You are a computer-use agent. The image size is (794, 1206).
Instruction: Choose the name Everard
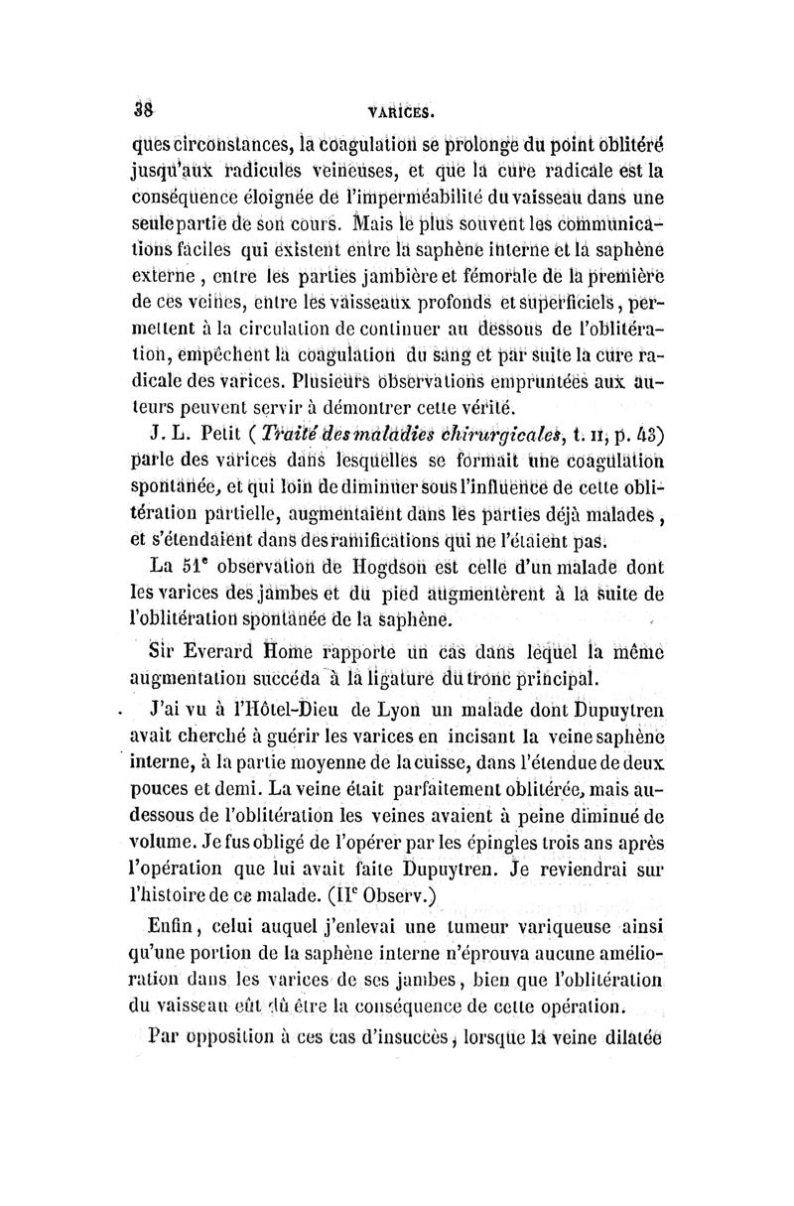click(219, 651)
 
